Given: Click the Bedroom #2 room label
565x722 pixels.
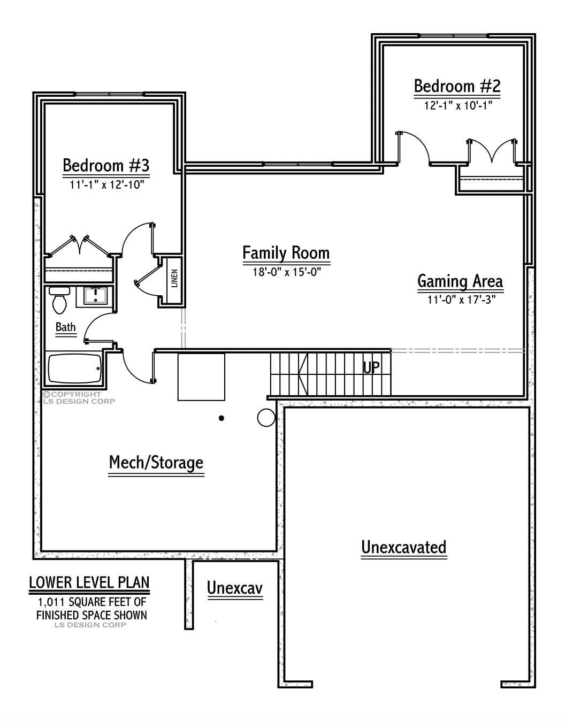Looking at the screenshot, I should (457, 86).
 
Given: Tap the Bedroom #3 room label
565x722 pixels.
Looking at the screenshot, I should (106, 165).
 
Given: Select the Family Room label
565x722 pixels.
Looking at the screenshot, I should (286, 252).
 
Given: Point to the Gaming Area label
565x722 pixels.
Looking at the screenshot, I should (460, 281).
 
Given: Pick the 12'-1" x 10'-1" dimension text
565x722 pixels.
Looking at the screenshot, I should (457, 106).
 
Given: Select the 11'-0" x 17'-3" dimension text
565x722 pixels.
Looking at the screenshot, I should (460, 299).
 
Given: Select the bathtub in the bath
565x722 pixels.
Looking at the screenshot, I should (75, 368).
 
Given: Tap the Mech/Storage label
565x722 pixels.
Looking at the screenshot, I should (156, 462).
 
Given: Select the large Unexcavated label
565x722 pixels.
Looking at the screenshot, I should (403, 547).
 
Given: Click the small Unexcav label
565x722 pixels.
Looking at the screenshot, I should (235, 588).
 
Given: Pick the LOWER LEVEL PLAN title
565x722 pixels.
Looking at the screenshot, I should (89, 582).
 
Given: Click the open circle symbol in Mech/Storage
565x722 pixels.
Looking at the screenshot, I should (266, 418).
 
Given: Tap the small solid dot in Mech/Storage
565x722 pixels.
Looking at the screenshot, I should (221, 418).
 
